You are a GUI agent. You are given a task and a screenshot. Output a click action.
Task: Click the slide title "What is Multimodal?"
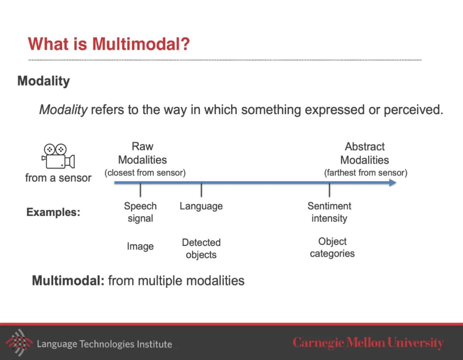108,44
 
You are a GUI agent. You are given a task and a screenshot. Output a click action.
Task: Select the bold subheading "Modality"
44,81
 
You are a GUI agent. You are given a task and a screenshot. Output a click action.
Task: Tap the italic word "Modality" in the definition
63,110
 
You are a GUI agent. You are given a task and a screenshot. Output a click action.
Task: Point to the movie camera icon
58,156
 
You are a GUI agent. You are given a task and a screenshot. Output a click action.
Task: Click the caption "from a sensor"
58,178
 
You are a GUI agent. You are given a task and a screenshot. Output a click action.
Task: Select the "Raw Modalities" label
142,153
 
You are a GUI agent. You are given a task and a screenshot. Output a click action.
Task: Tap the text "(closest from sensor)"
145,172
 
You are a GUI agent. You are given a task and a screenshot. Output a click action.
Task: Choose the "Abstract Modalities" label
365,154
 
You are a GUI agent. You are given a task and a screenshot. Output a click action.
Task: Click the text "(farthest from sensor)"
366,172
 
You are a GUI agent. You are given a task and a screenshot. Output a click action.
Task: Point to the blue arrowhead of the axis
392,183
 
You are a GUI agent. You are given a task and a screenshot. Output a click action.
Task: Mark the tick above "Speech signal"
140,190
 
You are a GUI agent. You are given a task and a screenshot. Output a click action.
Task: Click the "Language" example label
201,206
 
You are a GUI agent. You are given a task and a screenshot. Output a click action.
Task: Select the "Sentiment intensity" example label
329,212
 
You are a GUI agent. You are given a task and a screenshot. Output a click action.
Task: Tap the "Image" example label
140,246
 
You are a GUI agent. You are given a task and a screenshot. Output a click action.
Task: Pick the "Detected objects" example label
201,248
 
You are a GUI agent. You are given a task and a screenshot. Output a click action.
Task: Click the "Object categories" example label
332,248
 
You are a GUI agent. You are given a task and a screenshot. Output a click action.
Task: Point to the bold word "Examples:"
53,212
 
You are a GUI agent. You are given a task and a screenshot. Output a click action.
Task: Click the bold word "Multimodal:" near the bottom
68,281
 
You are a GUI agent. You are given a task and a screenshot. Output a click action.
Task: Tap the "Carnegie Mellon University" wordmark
368,343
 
